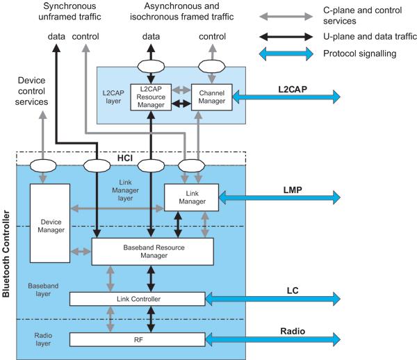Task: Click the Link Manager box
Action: tap(191, 197)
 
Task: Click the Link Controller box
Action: tap(137, 298)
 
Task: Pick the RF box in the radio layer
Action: tap(137, 340)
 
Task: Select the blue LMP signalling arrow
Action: tap(281, 198)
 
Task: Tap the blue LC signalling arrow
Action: tap(275, 298)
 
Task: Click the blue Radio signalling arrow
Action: tap(275, 340)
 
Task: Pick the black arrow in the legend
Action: tap(281, 33)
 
